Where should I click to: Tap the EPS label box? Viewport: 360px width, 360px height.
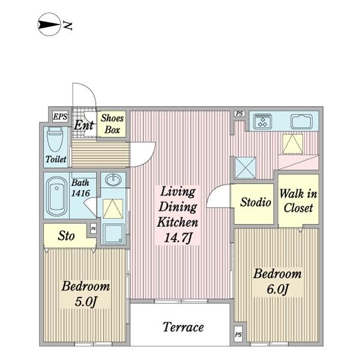tap(60, 116)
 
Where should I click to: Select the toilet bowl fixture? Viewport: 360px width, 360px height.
tap(55, 139)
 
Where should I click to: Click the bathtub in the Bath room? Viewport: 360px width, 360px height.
tap(56, 196)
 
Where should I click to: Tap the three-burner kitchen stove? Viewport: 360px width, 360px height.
tap(262, 121)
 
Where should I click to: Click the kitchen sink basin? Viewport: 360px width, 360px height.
tap(301, 121)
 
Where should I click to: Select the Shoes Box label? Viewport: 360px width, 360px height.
tap(112, 124)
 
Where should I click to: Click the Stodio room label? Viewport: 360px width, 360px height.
tap(256, 202)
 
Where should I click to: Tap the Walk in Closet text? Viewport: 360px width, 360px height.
tap(298, 200)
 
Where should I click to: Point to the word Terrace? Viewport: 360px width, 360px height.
tap(183, 327)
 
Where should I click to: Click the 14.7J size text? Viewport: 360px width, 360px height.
tap(178, 238)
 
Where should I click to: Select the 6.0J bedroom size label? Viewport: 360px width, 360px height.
tap(277, 289)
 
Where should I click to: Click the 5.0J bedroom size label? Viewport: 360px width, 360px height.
tap(85, 302)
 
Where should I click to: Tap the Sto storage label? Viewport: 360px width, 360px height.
tap(66, 236)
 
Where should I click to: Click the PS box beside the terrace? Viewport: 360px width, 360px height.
tap(238, 335)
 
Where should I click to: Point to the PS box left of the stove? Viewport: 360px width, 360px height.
tap(239, 113)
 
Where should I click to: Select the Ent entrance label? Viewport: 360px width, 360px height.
tap(84, 125)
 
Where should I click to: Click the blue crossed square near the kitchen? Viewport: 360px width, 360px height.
tap(245, 167)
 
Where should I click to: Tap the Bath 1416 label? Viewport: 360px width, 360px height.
tap(80, 188)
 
